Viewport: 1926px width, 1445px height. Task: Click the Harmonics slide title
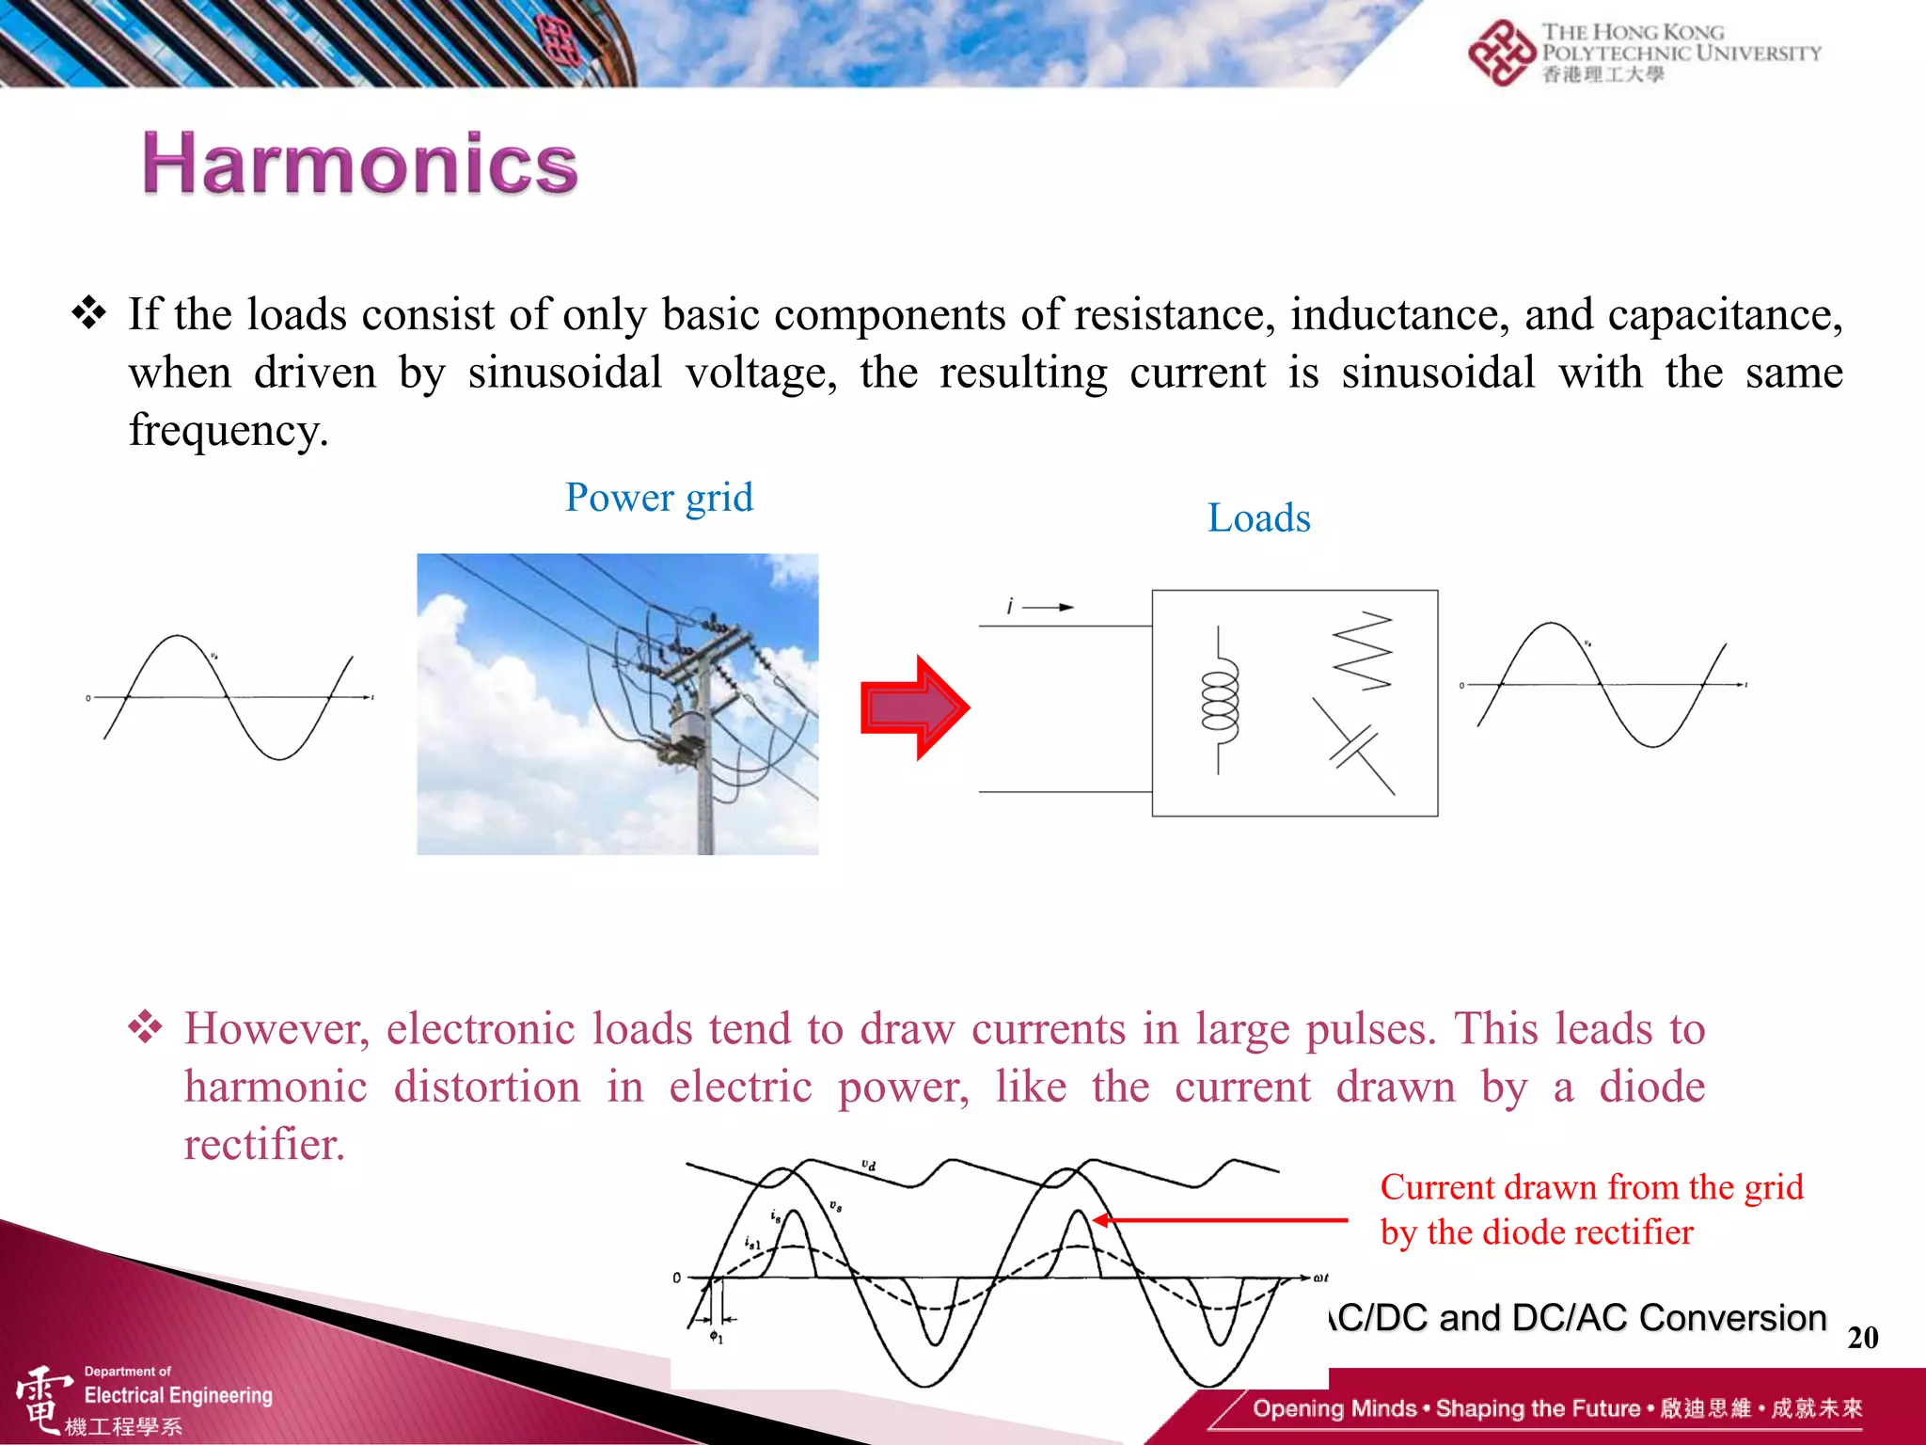tap(360, 164)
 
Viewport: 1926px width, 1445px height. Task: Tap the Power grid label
tap(658, 498)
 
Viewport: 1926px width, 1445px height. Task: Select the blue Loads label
tap(1258, 518)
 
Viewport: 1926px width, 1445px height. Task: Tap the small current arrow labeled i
tap(1047, 608)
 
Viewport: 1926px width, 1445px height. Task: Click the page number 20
tap(1862, 1338)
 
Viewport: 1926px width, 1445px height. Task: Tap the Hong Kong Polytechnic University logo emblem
tap(1501, 53)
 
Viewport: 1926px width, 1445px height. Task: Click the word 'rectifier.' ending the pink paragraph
tap(264, 1145)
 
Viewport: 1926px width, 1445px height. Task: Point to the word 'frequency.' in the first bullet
tap(229, 430)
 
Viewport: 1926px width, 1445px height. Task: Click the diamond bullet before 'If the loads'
tap(89, 313)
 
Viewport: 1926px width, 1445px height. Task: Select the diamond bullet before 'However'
tap(146, 1027)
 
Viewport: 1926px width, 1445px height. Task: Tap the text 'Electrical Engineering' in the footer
tap(178, 1395)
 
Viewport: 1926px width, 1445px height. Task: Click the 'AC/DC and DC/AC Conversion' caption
tap(1579, 1318)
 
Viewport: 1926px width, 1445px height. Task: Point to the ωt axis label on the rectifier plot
tap(1320, 1278)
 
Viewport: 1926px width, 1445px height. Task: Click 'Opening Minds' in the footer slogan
tap(1334, 1408)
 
